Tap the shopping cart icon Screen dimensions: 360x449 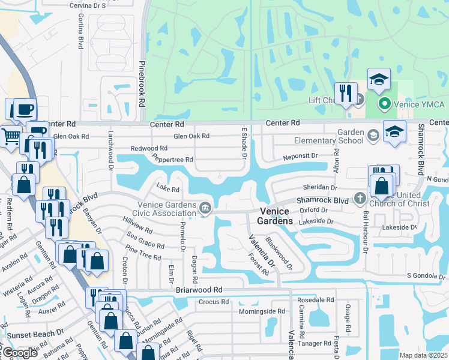pos(10,136)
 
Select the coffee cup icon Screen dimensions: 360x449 pos(24,109)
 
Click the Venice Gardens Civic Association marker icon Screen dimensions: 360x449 pos(205,208)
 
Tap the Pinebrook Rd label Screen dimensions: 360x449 pos(142,83)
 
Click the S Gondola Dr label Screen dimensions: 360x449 pos(427,275)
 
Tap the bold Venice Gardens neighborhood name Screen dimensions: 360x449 pos(276,216)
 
